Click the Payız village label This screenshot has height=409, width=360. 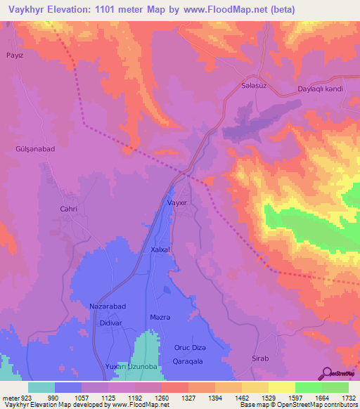click(x=15, y=54)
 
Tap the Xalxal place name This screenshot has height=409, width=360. click(x=161, y=249)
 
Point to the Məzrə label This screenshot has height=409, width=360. click(x=161, y=318)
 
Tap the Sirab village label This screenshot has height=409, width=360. click(x=260, y=358)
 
